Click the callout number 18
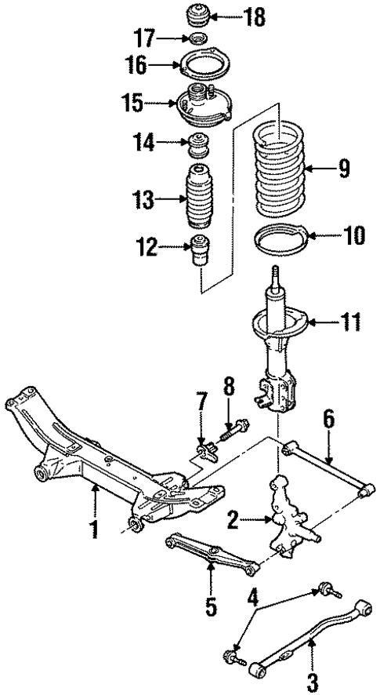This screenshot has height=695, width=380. click(x=233, y=16)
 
